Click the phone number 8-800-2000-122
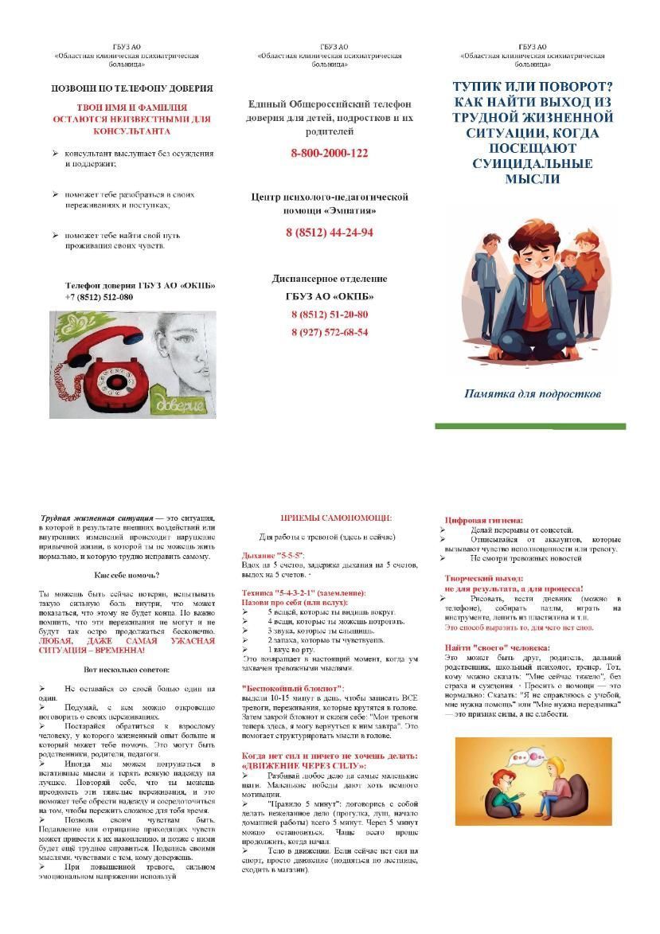click(x=330, y=154)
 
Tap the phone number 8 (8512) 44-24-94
click(x=330, y=233)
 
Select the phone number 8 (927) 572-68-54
click(x=330, y=332)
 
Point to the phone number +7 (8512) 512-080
click(x=99, y=297)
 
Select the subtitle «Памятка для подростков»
click(x=532, y=393)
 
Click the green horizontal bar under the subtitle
click(x=530, y=427)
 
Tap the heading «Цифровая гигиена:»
click(x=483, y=520)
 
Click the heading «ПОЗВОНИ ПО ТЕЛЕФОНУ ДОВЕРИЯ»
click(x=132, y=88)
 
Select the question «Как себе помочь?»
click(x=127, y=575)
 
